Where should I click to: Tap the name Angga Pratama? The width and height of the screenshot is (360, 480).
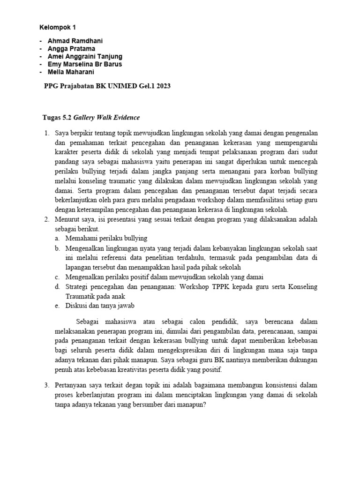(71, 48)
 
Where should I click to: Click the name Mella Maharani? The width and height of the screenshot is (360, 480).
(70, 72)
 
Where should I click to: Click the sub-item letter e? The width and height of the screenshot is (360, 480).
(56, 306)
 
